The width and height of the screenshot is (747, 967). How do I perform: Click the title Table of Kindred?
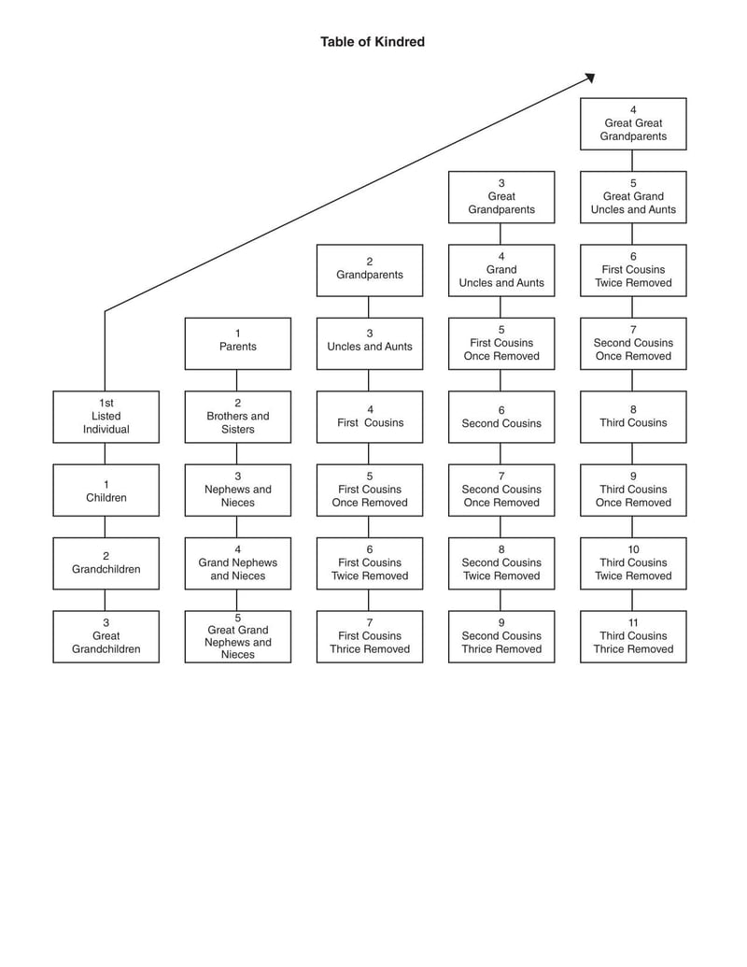click(373, 42)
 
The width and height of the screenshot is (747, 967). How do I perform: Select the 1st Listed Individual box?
click(106, 417)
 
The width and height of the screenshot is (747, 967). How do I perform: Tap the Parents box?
click(237, 343)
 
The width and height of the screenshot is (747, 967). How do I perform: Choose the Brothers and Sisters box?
click(237, 417)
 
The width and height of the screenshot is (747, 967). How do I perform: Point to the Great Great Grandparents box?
click(633, 123)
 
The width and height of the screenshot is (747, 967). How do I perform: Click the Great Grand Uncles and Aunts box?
click(633, 197)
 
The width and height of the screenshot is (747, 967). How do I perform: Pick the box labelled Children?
click(106, 490)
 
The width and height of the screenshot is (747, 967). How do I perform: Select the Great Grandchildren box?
click(106, 636)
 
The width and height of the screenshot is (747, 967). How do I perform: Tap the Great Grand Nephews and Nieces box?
click(237, 636)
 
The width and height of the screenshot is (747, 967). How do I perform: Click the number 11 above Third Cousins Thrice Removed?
click(633, 623)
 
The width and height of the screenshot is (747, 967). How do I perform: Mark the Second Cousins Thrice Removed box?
click(501, 636)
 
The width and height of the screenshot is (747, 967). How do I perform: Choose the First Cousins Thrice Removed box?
click(370, 636)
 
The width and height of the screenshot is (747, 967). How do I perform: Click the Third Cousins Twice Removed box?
click(633, 563)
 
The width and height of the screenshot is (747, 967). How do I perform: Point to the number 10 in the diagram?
click(633, 549)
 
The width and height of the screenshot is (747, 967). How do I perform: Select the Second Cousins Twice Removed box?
click(501, 563)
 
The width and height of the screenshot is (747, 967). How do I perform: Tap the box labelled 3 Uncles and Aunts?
click(370, 343)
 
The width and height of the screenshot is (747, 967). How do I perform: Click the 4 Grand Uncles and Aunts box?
click(501, 270)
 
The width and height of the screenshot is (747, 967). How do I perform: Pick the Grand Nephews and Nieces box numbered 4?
click(237, 563)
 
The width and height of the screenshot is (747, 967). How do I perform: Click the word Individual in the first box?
click(106, 430)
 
